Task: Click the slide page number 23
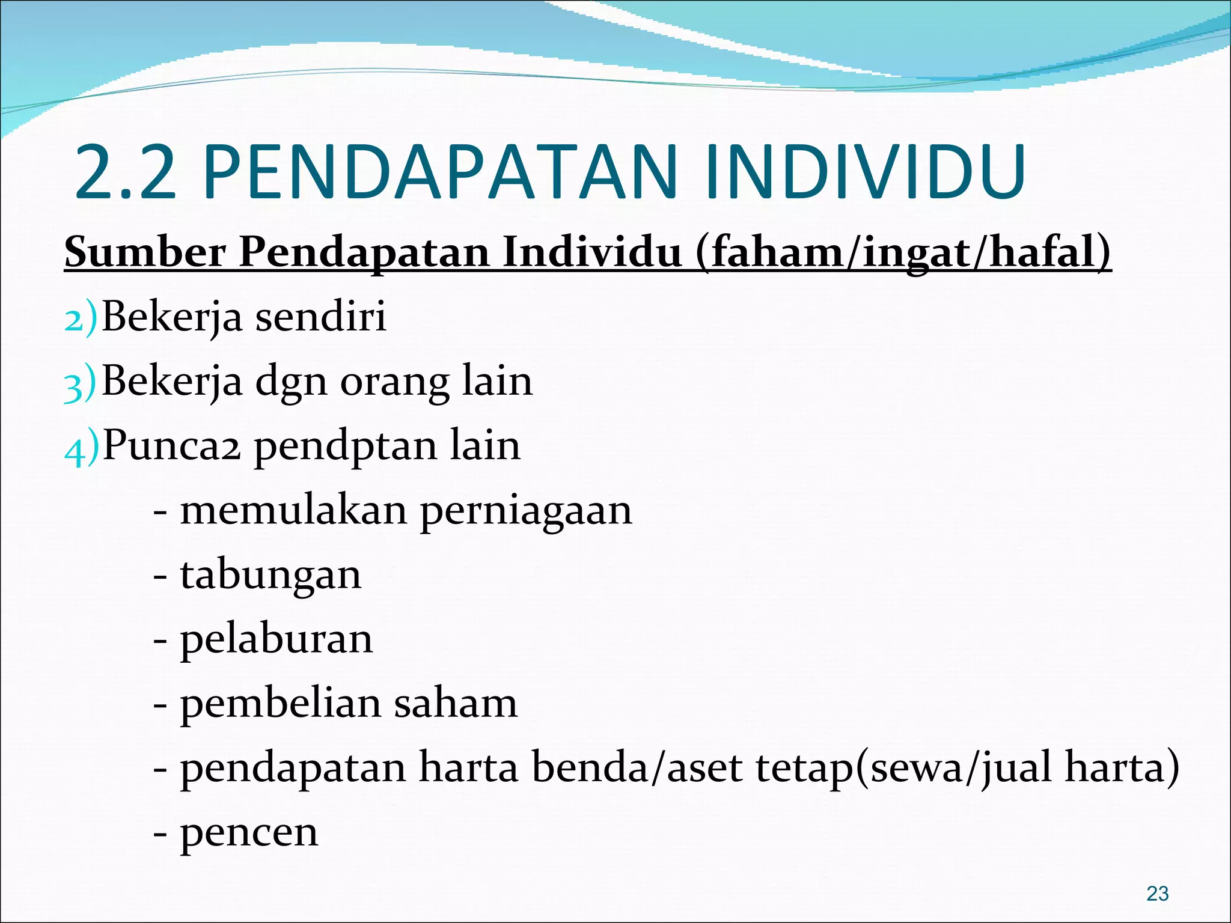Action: point(1157,894)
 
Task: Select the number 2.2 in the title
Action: point(125,172)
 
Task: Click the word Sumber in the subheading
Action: point(145,252)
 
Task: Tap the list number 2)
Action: point(80,318)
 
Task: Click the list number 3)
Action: point(80,383)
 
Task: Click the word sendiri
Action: point(321,316)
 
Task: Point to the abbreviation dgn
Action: point(291,383)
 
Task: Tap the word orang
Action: point(394,383)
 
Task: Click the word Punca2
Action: point(172,446)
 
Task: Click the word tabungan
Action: point(271,576)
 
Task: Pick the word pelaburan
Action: point(276,639)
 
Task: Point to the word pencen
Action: point(249,833)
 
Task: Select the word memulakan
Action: point(293,511)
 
